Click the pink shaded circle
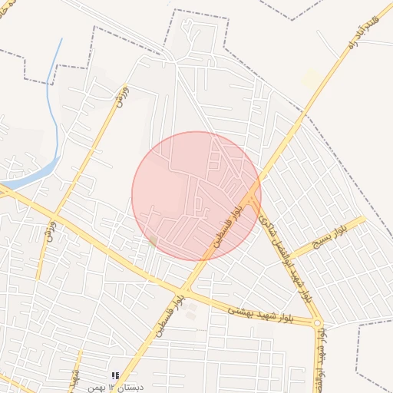(x=196, y=196)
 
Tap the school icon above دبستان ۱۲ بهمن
(x=115, y=375)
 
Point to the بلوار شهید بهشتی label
(x=262, y=311)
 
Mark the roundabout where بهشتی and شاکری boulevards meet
(x=317, y=323)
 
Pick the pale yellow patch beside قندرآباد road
(x=311, y=78)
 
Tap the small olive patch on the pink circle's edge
(x=153, y=241)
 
